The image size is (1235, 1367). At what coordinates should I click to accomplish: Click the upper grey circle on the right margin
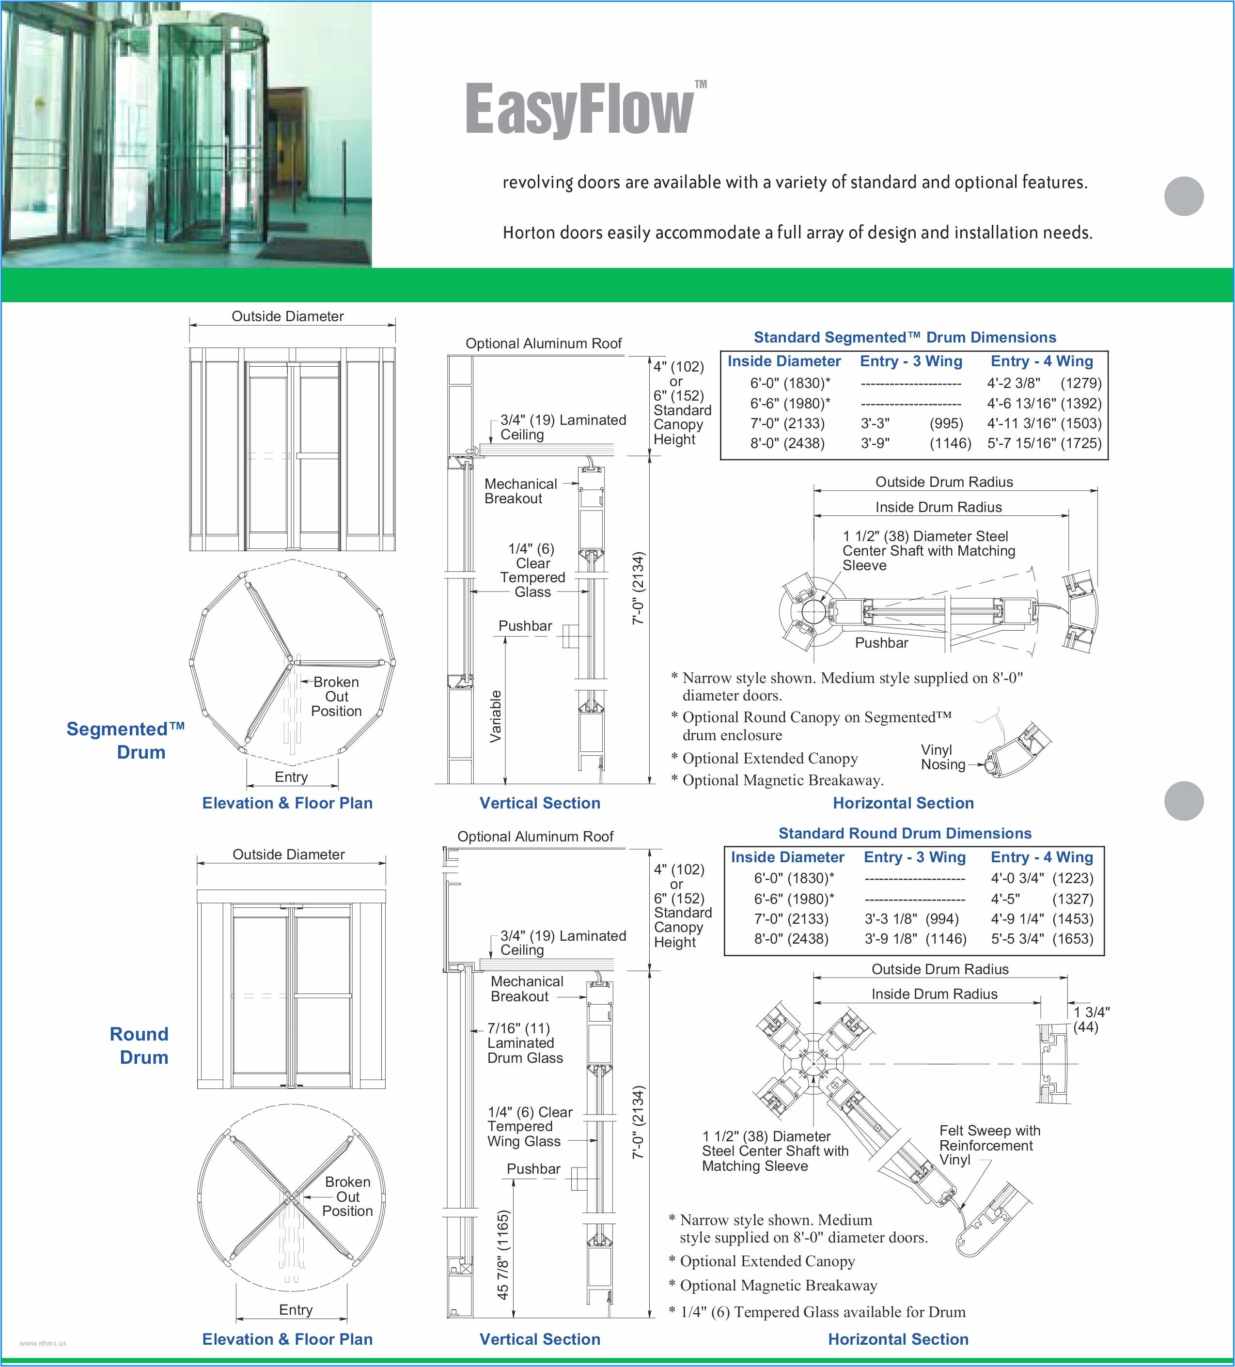[1184, 196]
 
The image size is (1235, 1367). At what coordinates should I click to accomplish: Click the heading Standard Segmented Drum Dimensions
[905, 337]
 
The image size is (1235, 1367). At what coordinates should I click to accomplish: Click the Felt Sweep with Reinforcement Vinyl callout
[989, 1145]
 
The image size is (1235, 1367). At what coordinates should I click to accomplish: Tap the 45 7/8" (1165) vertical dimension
[502, 1255]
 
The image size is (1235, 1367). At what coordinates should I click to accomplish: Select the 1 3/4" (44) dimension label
[1091, 1019]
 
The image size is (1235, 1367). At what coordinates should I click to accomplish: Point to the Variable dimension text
[496, 716]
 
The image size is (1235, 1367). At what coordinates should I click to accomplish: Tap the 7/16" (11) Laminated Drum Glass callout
[525, 1043]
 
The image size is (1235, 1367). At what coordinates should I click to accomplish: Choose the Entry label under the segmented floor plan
[291, 777]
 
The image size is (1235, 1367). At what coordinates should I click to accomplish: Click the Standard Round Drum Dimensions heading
[905, 833]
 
